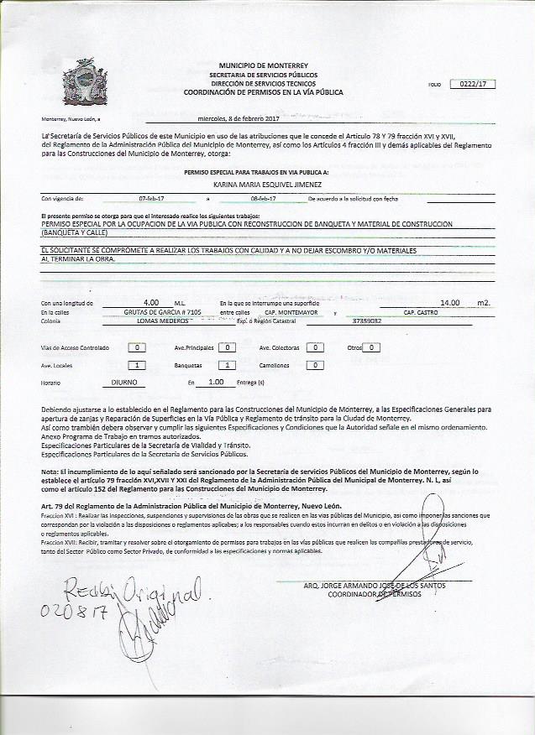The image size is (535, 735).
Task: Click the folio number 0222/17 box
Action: click(x=474, y=83)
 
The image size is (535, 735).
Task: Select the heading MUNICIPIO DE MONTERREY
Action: click(x=264, y=65)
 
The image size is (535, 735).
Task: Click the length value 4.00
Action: click(x=151, y=302)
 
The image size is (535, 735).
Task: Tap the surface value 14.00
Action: click(x=450, y=302)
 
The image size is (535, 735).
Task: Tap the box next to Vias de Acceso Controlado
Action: click(x=139, y=347)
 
